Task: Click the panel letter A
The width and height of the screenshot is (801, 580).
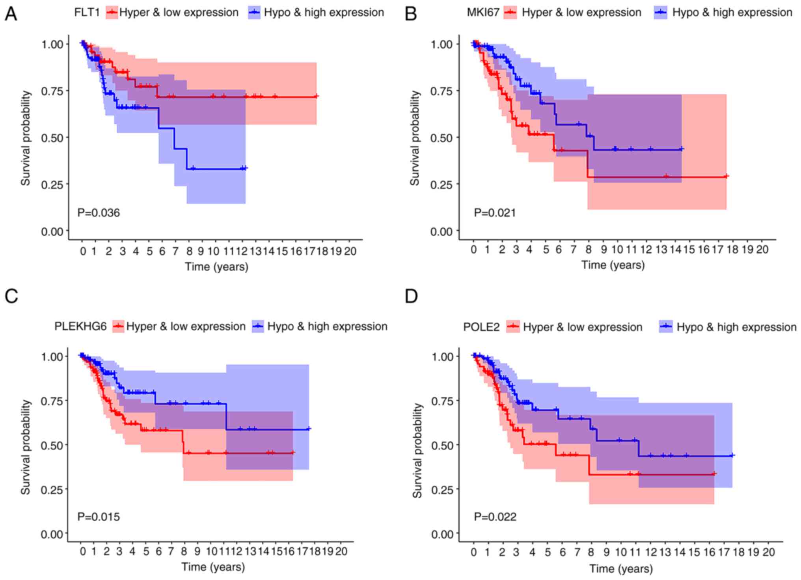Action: [11, 15]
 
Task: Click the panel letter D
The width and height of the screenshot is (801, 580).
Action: [411, 296]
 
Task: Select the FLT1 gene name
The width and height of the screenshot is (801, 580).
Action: [87, 13]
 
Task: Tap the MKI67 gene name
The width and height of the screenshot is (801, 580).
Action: [483, 13]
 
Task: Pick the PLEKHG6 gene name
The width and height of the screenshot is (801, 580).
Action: [80, 326]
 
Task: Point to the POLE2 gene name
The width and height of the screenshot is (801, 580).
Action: [481, 327]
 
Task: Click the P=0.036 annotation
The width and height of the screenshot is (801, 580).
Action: [99, 213]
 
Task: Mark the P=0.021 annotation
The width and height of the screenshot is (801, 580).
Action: [495, 213]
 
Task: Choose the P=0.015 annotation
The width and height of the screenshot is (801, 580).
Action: [99, 517]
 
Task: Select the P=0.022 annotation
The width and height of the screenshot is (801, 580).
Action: [495, 517]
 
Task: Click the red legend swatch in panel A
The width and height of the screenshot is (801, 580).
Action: [112, 13]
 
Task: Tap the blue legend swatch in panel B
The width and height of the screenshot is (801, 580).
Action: [661, 13]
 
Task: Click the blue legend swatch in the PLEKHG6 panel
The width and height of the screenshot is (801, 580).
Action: [258, 326]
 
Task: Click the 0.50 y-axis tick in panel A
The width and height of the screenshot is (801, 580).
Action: [52, 138]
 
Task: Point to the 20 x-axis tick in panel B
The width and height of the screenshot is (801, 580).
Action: [762, 250]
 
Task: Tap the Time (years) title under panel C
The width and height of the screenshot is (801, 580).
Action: [213, 567]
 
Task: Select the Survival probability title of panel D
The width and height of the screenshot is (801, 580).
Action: [417, 450]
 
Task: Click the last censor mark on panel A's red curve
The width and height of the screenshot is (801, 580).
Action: [316, 96]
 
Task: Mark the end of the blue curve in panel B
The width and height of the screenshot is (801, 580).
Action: [682, 149]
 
